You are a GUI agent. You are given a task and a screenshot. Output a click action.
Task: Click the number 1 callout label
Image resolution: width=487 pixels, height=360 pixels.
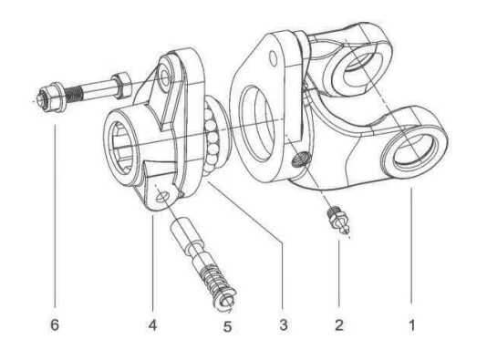click(409, 322)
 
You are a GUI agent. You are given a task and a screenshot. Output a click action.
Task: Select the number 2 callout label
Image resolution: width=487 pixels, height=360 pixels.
click(338, 322)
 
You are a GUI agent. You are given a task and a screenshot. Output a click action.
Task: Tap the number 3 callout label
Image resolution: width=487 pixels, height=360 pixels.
click(282, 322)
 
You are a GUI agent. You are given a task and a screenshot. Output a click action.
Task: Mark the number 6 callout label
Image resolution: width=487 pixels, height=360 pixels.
click(55, 322)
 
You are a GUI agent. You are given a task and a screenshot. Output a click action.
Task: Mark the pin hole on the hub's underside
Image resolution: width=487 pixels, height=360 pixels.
click(161, 193)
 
